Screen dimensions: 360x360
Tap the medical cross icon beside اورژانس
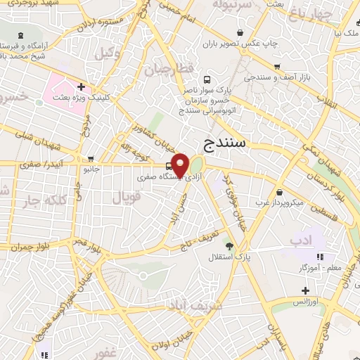pyautogui.click(x=305, y=290)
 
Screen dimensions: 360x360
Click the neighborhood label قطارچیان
pyautogui.click(x=166, y=70)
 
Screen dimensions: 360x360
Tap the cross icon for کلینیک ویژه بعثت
pyautogui.click(x=83, y=87)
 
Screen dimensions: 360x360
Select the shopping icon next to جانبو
pyautogui.click(x=90, y=158)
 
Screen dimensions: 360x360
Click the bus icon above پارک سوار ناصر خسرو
pyautogui.click(x=206, y=80)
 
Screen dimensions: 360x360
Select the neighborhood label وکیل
pyautogui.click(x=108, y=53)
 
